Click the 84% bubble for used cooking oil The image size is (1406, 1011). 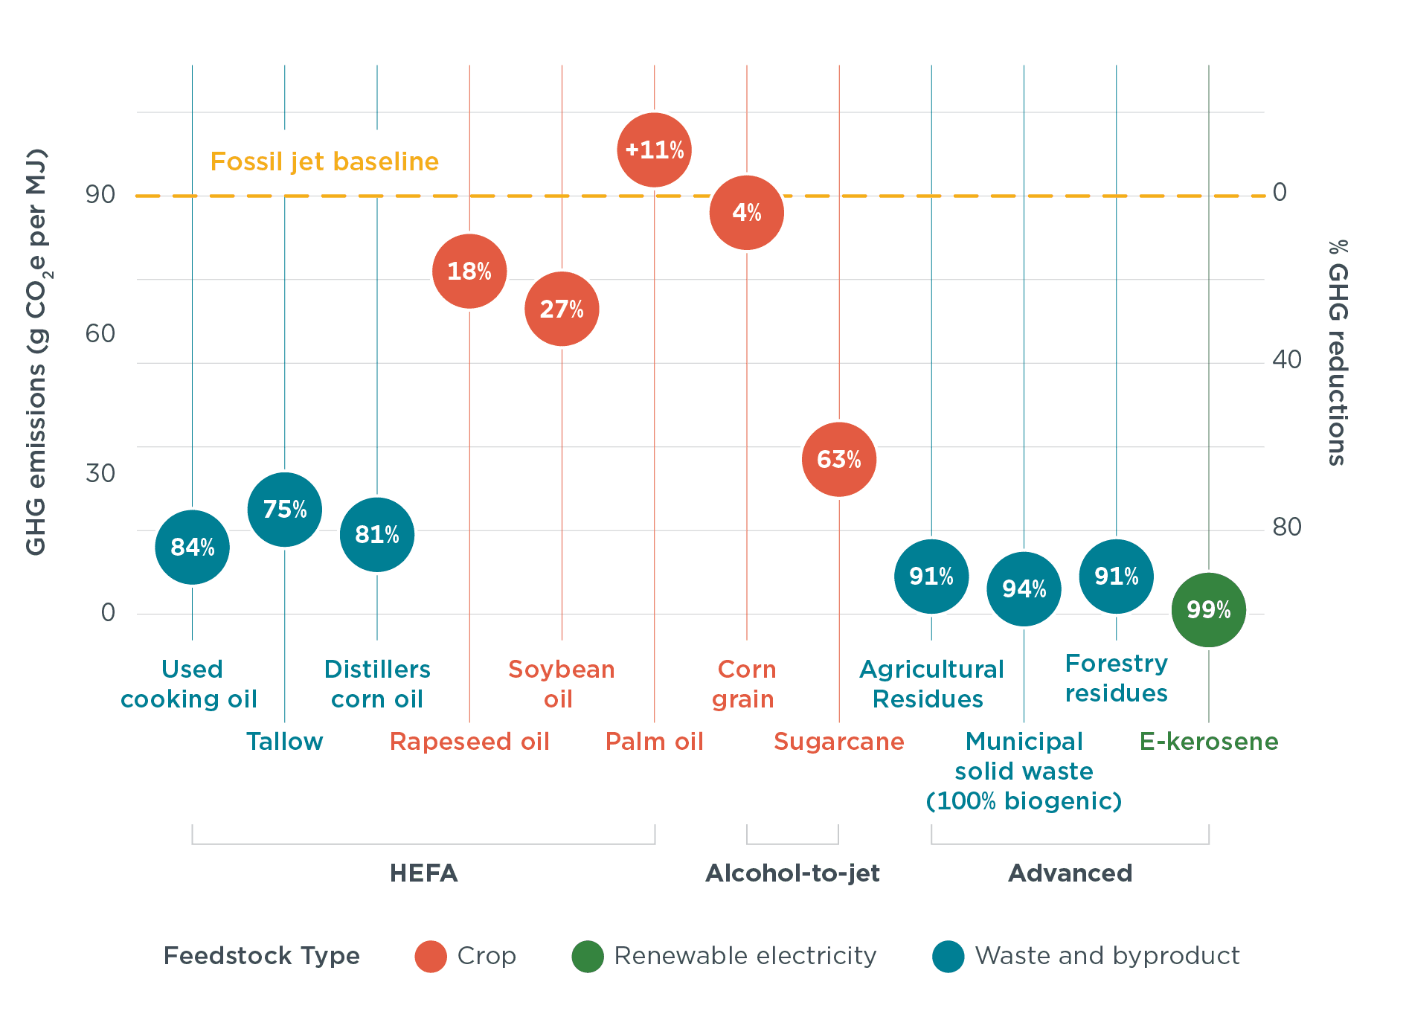pyautogui.click(x=192, y=548)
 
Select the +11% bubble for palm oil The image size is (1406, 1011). pyautogui.click(x=654, y=150)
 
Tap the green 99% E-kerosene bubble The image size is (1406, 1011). pyautogui.click(x=1208, y=610)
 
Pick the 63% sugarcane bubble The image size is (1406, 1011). pyautogui.click(x=838, y=460)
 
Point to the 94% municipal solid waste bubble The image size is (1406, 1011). pyautogui.click(x=1024, y=589)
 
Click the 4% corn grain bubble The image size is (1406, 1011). pyautogui.click(x=746, y=213)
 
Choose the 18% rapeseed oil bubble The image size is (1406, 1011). pyautogui.click(x=469, y=271)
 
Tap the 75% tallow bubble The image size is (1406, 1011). pyautogui.click(x=284, y=510)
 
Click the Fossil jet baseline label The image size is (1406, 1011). pyautogui.click(x=324, y=161)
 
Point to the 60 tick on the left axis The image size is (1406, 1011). pyautogui.click(x=100, y=333)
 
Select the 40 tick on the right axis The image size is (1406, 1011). pyautogui.click(x=1286, y=360)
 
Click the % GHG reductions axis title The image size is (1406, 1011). pyautogui.click(x=1338, y=353)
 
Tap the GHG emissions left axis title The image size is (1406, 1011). pyautogui.click(x=36, y=353)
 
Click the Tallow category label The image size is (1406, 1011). pyautogui.click(x=284, y=742)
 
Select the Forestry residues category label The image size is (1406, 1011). pyautogui.click(x=1116, y=678)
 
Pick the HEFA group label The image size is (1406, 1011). pyautogui.click(x=423, y=873)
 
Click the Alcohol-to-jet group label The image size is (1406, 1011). pyautogui.click(x=792, y=873)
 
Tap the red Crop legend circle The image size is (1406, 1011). pyautogui.click(x=431, y=956)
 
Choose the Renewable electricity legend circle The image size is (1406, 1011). pyautogui.click(x=588, y=956)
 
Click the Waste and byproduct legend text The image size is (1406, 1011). pyautogui.click(x=1107, y=956)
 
